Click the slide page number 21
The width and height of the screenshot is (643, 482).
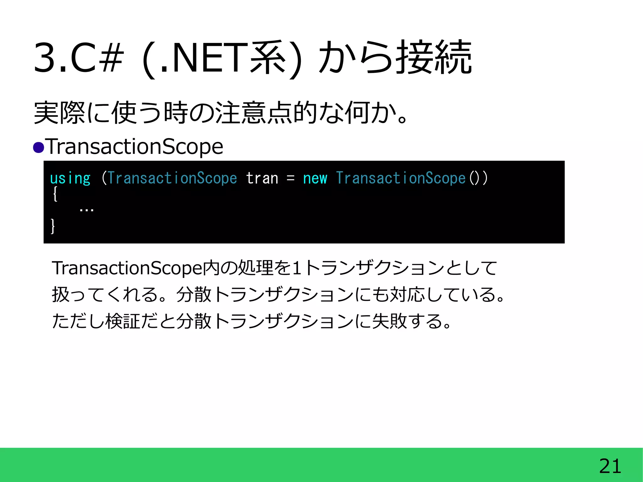pos(610,466)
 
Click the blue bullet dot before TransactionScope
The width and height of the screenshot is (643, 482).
pos(39,147)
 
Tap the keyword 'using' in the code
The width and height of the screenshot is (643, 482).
pos(70,179)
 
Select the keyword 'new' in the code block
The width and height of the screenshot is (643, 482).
pos(315,179)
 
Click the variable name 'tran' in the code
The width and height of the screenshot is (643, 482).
pos(262,179)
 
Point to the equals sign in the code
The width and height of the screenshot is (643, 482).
pos(290,179)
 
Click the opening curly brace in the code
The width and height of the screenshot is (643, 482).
pos(55,194)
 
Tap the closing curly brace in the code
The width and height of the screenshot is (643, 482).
pos(53,226)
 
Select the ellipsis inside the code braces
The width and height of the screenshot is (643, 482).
pos(86,209)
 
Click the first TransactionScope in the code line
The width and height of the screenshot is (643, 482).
pos(172,179)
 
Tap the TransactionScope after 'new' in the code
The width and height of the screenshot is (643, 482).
pos(401,179)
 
